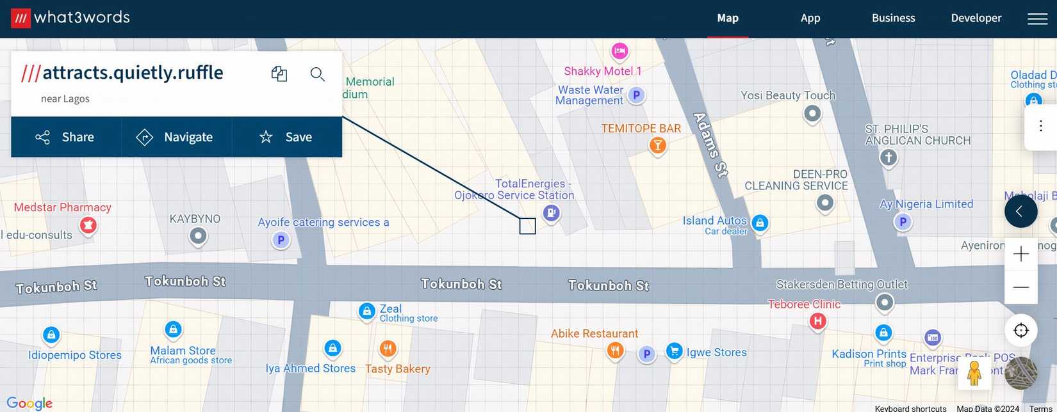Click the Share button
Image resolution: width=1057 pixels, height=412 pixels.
coord(65,137)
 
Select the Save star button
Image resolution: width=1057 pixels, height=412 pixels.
coord(286,137)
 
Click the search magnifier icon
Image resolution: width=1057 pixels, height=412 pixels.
coord(317,74)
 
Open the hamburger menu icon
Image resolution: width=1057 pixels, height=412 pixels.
coord(1037,19)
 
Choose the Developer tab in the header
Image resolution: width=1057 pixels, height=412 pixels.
coord(976,19)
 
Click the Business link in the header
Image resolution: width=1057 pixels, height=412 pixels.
coord(893,19)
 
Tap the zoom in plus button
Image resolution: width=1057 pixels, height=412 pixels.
coord(1021,254)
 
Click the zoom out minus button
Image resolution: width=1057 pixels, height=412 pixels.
coord(1021,287)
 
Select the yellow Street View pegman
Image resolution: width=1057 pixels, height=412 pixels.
coord(974,373)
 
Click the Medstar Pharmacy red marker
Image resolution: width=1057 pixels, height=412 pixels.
coord(88,225)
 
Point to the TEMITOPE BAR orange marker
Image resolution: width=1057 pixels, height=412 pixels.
coord(657,146)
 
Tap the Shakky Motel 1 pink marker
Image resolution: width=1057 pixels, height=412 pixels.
coord(619,51)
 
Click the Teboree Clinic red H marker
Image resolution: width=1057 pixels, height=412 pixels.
coord(817,321)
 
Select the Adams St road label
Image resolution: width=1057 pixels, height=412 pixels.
coord(711,145)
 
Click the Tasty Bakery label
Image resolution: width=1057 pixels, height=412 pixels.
coord(397,368)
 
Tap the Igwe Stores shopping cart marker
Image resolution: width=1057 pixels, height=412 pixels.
coord(674,351)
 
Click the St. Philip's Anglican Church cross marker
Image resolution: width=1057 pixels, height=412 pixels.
coord(888,157)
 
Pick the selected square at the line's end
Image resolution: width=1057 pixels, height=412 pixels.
coord(527,226)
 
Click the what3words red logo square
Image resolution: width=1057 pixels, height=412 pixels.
coord(21,19)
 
